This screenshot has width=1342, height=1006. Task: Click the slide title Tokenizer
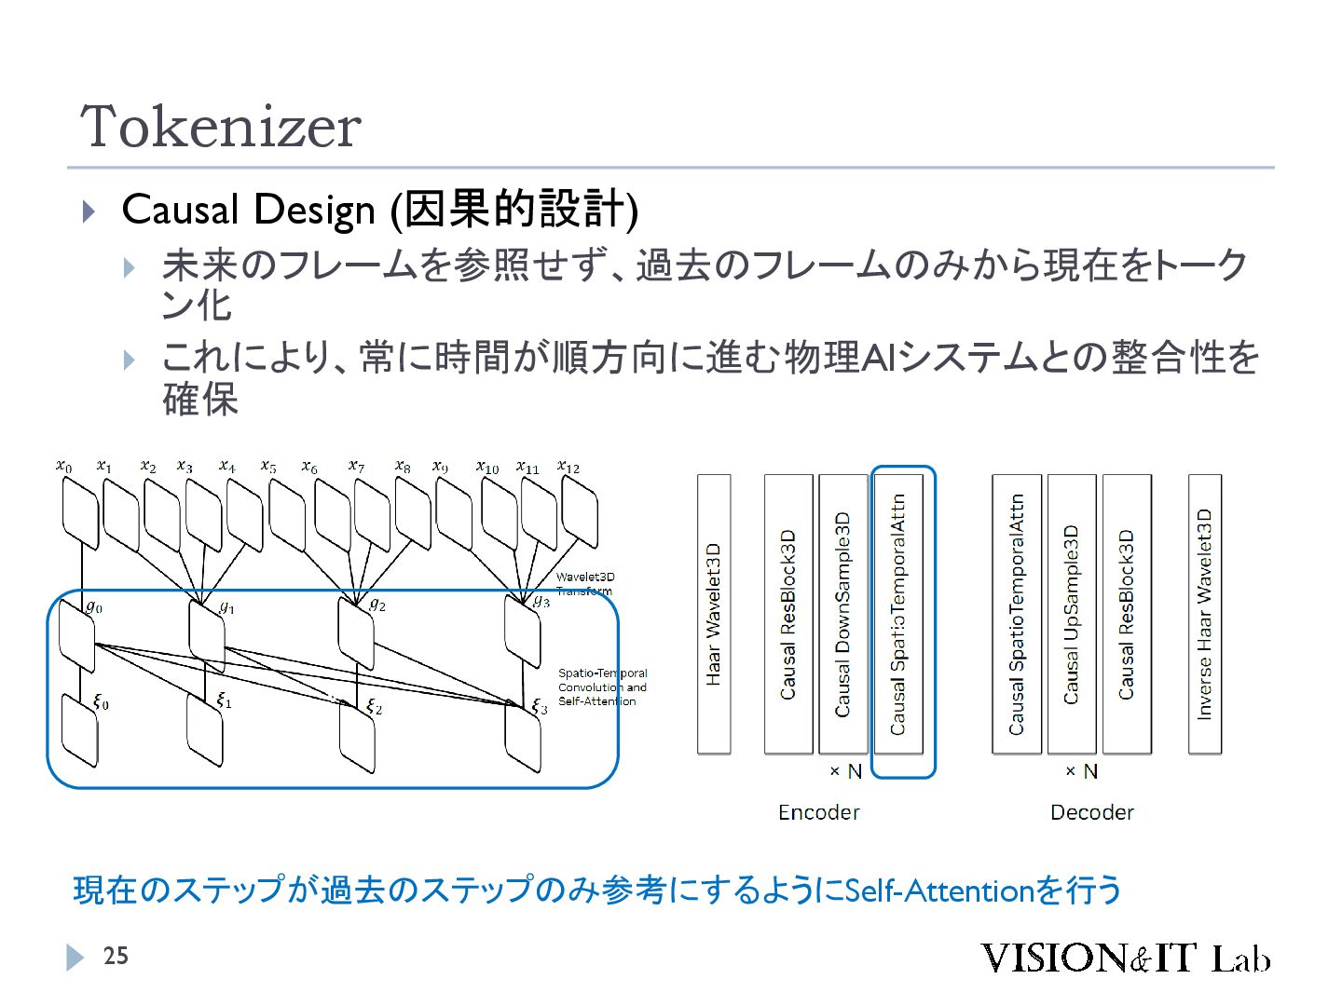pos(221,127)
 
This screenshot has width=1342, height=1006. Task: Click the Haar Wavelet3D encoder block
pos(714,614)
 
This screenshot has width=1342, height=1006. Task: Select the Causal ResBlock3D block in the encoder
pos(788,614)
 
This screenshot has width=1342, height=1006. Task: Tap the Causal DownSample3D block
pos(842,614)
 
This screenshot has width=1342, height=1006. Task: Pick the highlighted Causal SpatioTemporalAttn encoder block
pos(898,614)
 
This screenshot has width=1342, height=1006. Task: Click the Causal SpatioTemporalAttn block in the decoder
pos(1017,614)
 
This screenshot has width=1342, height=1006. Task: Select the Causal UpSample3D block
pos(1072,614)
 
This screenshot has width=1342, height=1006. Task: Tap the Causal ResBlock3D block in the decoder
pos(1127,614)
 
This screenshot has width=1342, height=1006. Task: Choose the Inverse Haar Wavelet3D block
pos(1205,614)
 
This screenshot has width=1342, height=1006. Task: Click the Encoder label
pos(818,812)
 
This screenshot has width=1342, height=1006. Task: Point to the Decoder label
pos(1091,812)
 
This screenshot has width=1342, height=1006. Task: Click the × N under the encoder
pos(845,771)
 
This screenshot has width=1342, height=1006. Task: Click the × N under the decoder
pos(1081,771)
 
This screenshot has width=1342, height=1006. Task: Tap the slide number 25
pos(116,956)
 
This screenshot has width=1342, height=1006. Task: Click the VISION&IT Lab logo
pos(1124,958)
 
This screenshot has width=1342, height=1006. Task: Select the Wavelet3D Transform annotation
pos(585,584)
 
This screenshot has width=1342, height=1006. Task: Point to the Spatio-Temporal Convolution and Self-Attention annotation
pos(602,687)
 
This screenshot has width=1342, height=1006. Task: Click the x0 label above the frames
pos(63,465)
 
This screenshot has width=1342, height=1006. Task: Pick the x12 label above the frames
pos(568,466)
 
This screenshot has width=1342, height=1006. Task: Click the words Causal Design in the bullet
pos(248,210)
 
